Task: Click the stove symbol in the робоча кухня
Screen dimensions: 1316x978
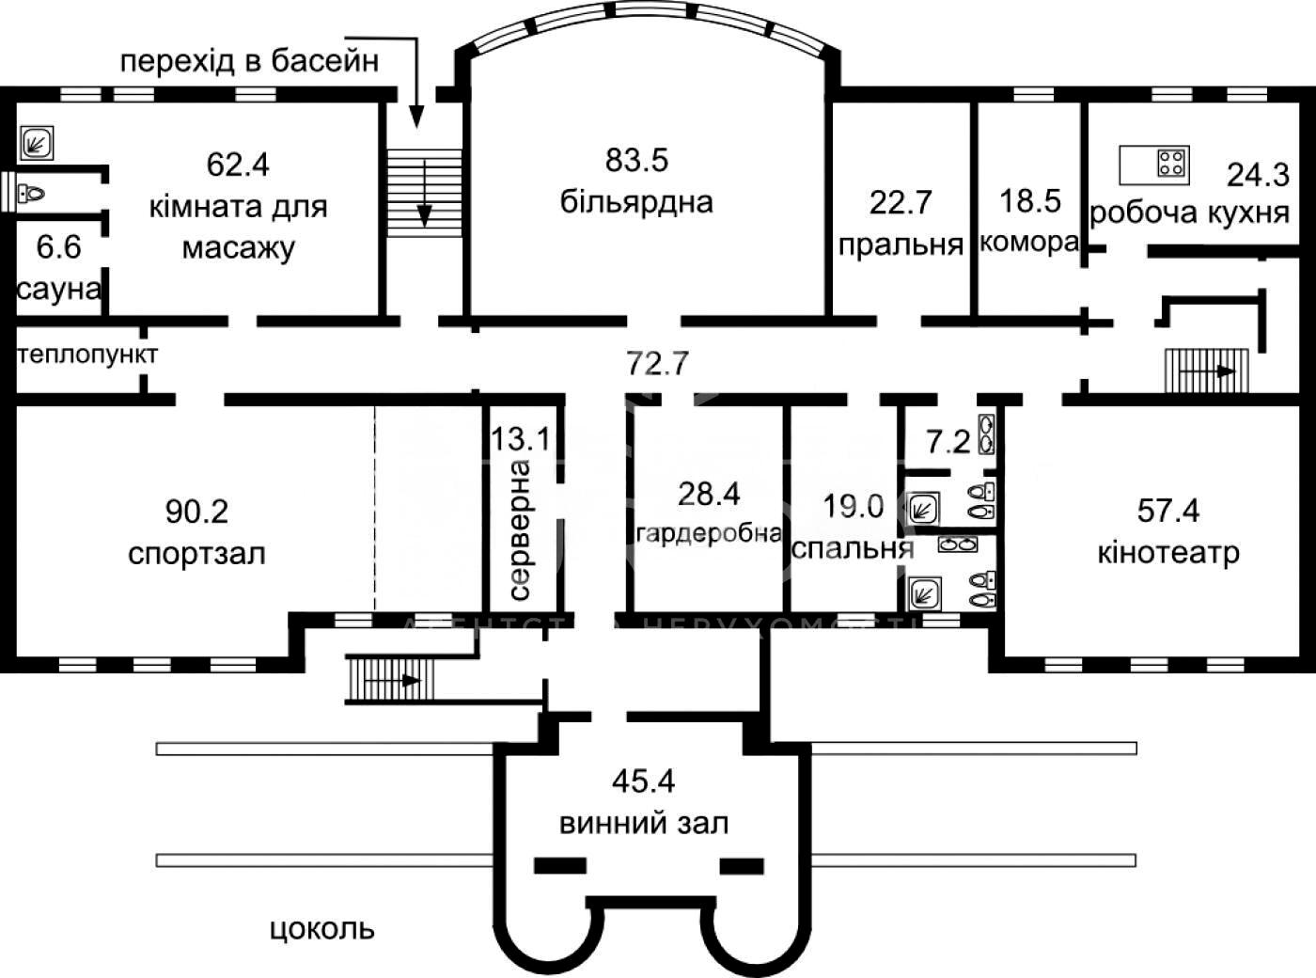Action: pyautogui.click(x=1172, y=163)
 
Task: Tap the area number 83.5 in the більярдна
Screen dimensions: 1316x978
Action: pyautogui.click(x=636, y=160)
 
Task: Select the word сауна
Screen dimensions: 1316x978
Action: pyautogui.click(x=59, y=290)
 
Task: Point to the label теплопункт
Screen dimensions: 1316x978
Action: pyautogui.click(x=87, y=355)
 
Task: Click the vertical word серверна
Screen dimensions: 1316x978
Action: pyautogui.click(x=519, y=529)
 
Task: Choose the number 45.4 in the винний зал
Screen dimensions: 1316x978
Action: pyautogui.click(x=644, y=781)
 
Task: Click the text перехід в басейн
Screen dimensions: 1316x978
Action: pyautogui.click(x=249, y=62)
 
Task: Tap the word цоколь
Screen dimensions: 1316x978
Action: pyautogui.click(x=322, y=929)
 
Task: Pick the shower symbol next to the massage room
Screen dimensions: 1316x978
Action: pyautogui.click(x=37, y=143)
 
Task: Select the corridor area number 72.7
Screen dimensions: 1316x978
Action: pyautogui.click(x=657, y=363)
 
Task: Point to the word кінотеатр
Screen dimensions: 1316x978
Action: pyautogui.click(x=1168, y=553)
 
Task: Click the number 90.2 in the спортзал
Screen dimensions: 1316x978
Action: pyautogui.click(x=196, y=512)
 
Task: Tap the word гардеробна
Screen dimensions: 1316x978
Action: pyautogui.click(x=709, y=533)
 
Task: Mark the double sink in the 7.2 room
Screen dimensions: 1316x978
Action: pyautogui.click(x=986, y=434)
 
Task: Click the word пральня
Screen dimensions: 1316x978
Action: pyautogui.click(x=901, y=244)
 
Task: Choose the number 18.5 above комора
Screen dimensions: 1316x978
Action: pyautogui.click(x=1030, y=200)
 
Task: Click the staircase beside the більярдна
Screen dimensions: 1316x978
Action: pyautogui.click(x=424, y=193)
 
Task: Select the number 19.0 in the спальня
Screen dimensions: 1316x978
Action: pyautogui.click(x=854, y=506)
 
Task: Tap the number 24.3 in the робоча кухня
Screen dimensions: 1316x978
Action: pyautogui.click(x=1258, y=175)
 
